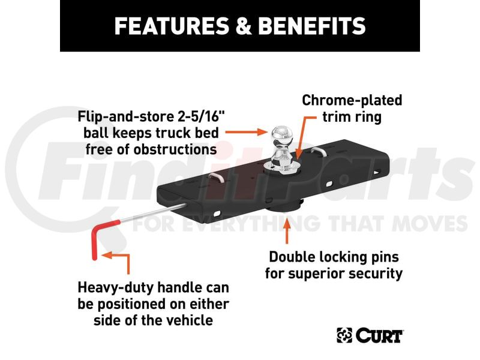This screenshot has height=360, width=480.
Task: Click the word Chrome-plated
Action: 352,100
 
